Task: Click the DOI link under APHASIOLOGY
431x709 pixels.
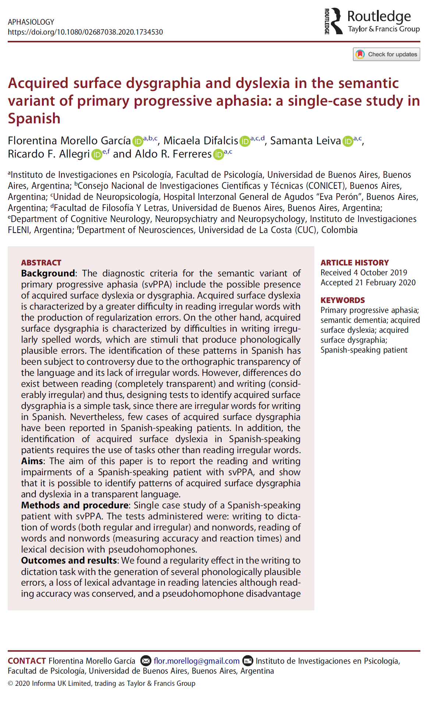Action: [85, 32]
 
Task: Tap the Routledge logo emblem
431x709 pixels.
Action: [333, 21]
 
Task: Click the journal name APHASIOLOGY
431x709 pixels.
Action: [31, 22]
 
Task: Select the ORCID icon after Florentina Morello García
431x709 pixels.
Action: [137, 141]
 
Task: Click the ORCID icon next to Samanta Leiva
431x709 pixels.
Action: [347, 141]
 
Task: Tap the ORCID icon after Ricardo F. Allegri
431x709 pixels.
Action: [96, 154]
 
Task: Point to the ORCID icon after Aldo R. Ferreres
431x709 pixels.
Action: [218, 154]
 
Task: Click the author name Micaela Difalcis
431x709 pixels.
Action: [201, 141]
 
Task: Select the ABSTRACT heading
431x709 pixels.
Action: [41, 262]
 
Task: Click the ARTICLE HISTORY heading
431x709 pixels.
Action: [354, 262]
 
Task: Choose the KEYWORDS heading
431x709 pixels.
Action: [342, 300]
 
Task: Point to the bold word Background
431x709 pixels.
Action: [48, 274]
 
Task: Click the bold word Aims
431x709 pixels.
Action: [32, 461]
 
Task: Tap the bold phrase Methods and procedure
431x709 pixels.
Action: [75, 505]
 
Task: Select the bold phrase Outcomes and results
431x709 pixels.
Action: [69, 561]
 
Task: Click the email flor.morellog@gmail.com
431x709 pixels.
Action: [197, 661]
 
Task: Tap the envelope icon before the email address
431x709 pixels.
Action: [146, 661]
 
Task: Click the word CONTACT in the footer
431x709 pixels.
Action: [27, 661]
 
